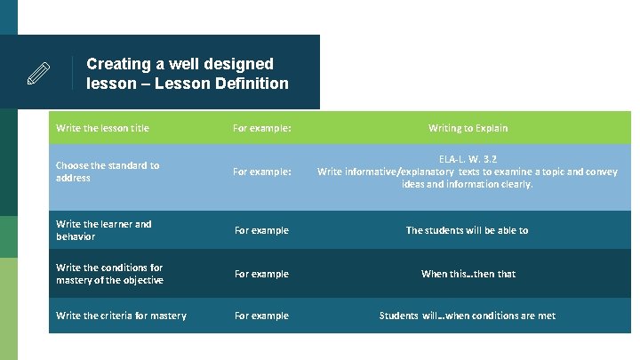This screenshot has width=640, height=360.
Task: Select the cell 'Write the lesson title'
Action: coord(102,128)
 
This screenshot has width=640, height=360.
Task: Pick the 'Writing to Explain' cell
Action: coord(468,128)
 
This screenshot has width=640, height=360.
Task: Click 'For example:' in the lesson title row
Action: coord(261,128)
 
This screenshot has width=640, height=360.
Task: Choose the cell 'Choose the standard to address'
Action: coord(108,172)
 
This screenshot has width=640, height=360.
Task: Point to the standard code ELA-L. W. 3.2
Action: coord(468,159)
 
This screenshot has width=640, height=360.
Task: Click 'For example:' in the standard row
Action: coord(261,172)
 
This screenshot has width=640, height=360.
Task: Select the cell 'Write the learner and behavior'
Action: coord(104,230)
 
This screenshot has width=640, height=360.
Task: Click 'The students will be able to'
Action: coord(467,230)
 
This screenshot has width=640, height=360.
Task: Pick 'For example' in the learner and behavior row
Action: coord(261,230)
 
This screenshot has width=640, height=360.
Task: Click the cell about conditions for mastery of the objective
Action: coord(109,274)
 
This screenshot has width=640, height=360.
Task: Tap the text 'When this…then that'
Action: coord(468,274)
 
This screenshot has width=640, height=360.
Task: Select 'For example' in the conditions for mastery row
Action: coord(261,274)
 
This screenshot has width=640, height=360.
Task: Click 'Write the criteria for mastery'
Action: coord(121,316)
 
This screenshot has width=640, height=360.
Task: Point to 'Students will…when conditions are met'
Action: coord(468,316)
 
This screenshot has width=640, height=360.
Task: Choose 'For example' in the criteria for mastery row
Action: coord(261,316)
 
